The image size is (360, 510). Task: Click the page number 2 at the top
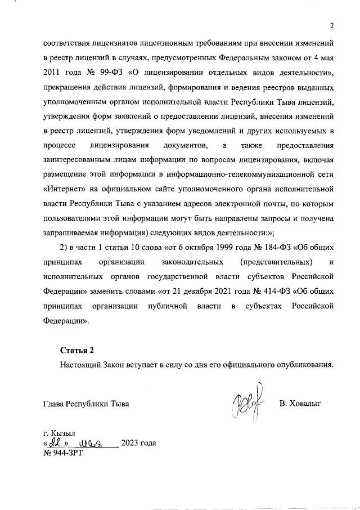point(332,26)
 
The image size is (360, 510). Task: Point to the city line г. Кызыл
point(59,433)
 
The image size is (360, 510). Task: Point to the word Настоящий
point(80,365)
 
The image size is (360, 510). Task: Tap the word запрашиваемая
point(70,233)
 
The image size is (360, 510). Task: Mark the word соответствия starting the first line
point(66,43)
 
